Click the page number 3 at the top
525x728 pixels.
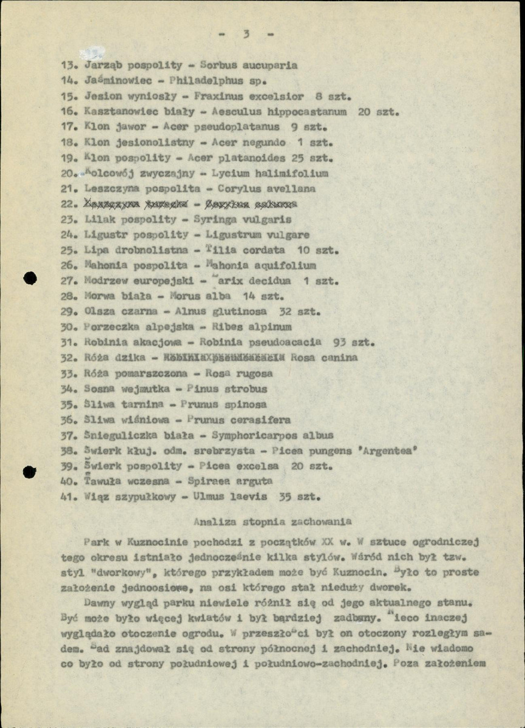pos(246,34)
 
